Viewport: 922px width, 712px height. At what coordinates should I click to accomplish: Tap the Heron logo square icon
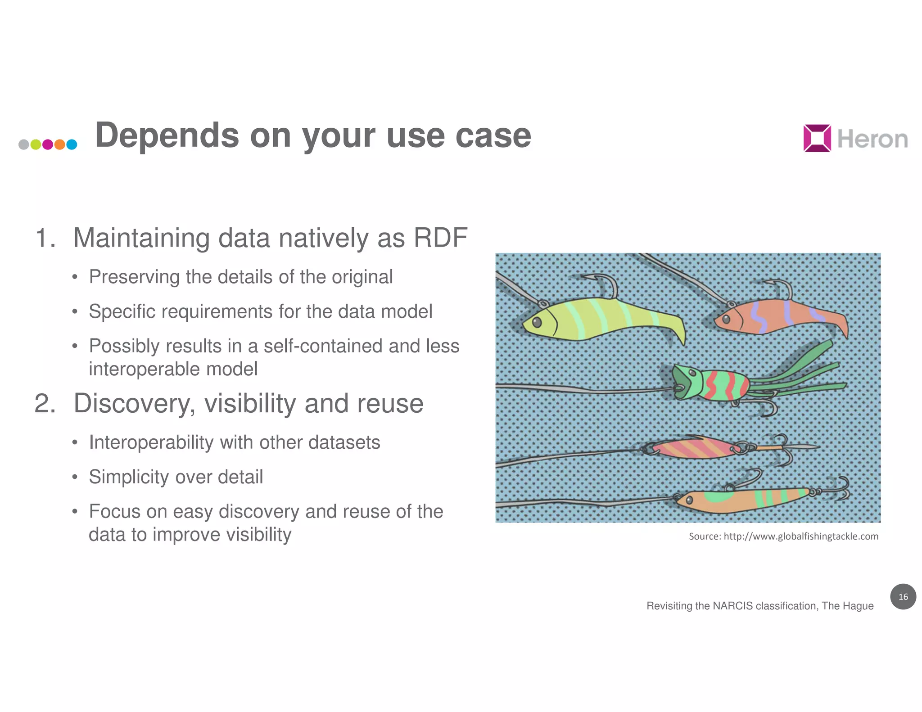817,138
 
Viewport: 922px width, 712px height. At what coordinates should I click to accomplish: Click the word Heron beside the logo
872,139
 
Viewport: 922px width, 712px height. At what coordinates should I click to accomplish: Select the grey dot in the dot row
24,144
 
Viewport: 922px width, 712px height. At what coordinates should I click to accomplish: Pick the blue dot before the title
72,144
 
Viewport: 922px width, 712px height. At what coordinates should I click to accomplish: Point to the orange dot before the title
59,144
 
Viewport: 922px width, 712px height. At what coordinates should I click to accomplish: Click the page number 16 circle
903,597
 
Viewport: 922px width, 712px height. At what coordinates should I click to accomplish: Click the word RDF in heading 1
440,238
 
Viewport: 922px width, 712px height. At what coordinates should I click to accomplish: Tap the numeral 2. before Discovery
45,403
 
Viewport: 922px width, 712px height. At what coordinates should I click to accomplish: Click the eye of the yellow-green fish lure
537,322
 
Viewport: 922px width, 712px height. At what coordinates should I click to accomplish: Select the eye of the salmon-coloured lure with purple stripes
725,320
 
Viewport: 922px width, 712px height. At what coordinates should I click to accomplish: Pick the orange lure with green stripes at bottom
743,500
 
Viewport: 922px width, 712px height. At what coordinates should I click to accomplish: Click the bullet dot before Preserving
75,277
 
